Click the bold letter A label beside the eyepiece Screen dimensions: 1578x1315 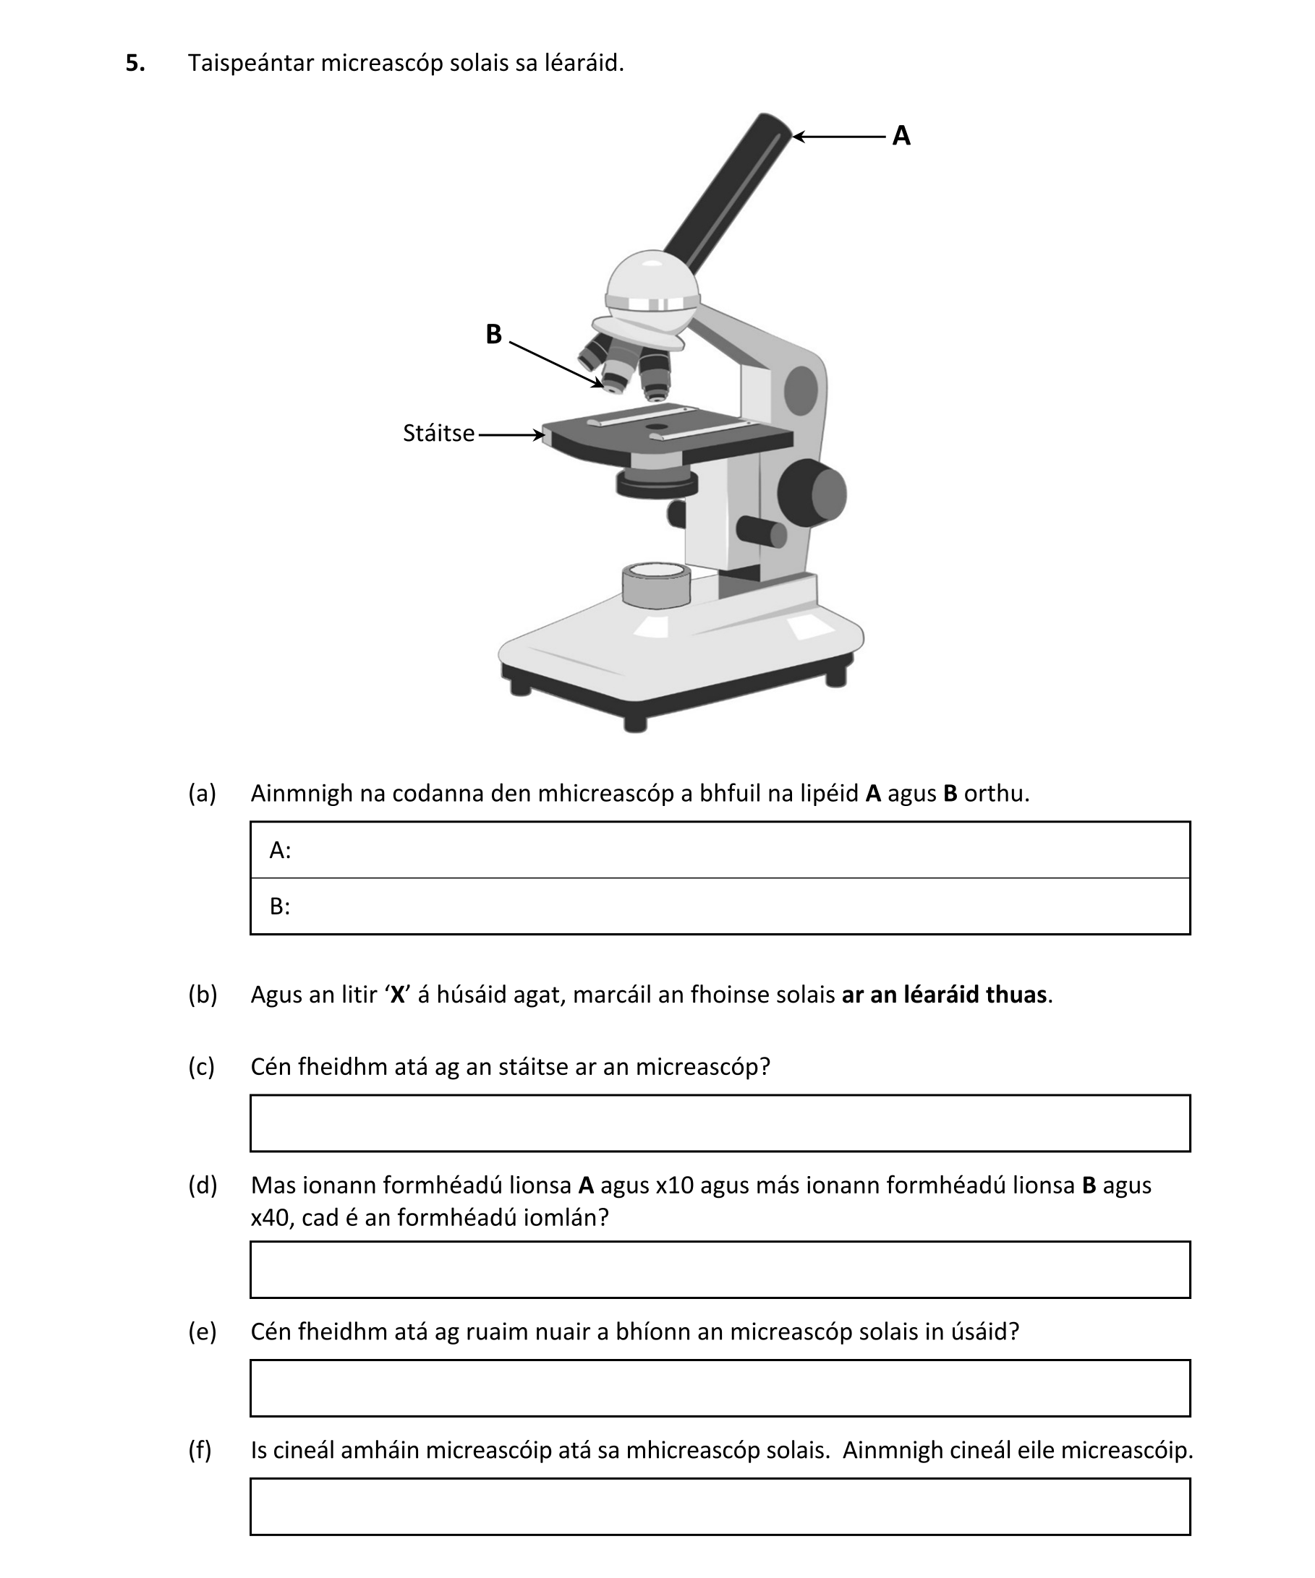pyautogui.click(x=901, y=136)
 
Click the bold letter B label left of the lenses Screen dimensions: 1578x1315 pyautogui.click(x=493, y=335)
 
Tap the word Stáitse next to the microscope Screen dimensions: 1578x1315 pyautogui.click(x=438, y=434)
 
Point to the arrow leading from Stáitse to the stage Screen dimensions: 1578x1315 pyautogui.click(x=511, y=434)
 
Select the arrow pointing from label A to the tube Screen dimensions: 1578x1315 pyautogui.click(x=839, y=136)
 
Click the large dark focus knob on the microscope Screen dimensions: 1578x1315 pyautogui.click(x=812, y=494)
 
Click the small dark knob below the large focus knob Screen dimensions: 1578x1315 pyautogui.click(x=761, y=532)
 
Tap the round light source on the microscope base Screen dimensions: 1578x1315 pyautogui.click(x=656, y=585)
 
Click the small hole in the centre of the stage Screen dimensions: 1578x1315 pyautogui.click(x=656, y=426)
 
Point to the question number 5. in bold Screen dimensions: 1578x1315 pyautogui.click(x=135, y=63)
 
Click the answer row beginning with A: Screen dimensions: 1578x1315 pyautogui.click(x=720, y=850)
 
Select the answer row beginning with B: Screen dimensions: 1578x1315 pyautogui.click(x=720, y=906)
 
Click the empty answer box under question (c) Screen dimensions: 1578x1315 pyautogui.click(x=720, y=1123)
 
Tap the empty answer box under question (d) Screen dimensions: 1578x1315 pyautogui.click(x=720, y=1269)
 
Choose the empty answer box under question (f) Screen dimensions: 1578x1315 pyautogui.click(x=720, y=1506)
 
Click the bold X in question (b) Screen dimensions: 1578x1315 pyautogui.click(x=398, y=994)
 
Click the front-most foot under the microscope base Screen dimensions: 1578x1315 pyautogui.click(x=635, y=724)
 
